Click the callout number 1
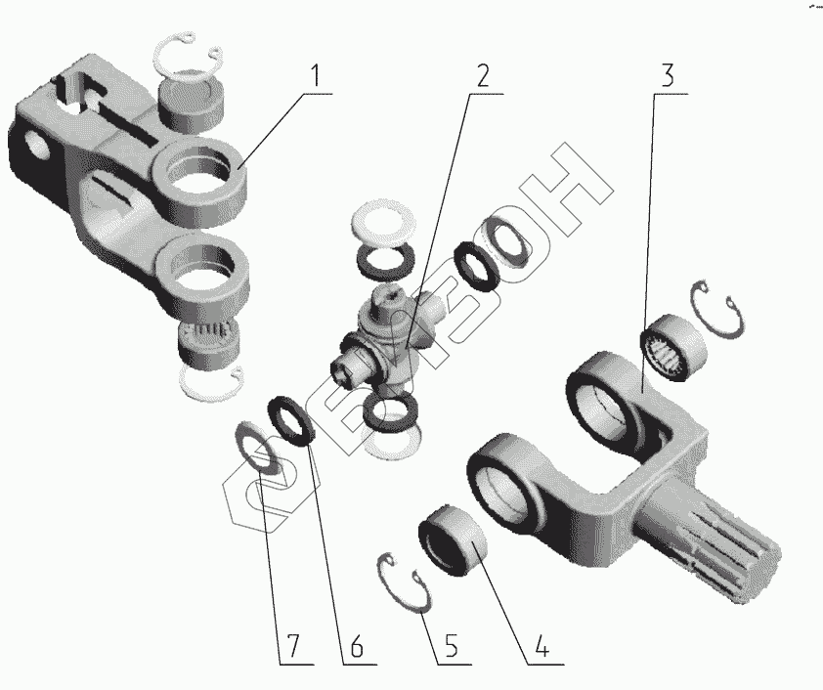click(315, 77)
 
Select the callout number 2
click(482, 76)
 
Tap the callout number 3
click(667, 76)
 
